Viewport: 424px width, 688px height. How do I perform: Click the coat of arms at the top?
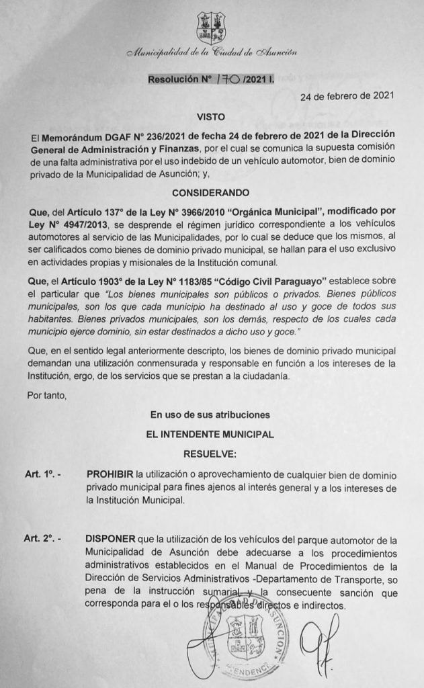point(210,28)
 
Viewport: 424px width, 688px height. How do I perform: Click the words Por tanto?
point(48,396)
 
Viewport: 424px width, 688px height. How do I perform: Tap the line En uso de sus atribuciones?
point(211,415)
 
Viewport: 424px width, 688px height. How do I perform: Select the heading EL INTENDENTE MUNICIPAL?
point(211,435)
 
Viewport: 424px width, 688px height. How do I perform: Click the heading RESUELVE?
point(211,454)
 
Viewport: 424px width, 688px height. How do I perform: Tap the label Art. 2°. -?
point(42,540)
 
